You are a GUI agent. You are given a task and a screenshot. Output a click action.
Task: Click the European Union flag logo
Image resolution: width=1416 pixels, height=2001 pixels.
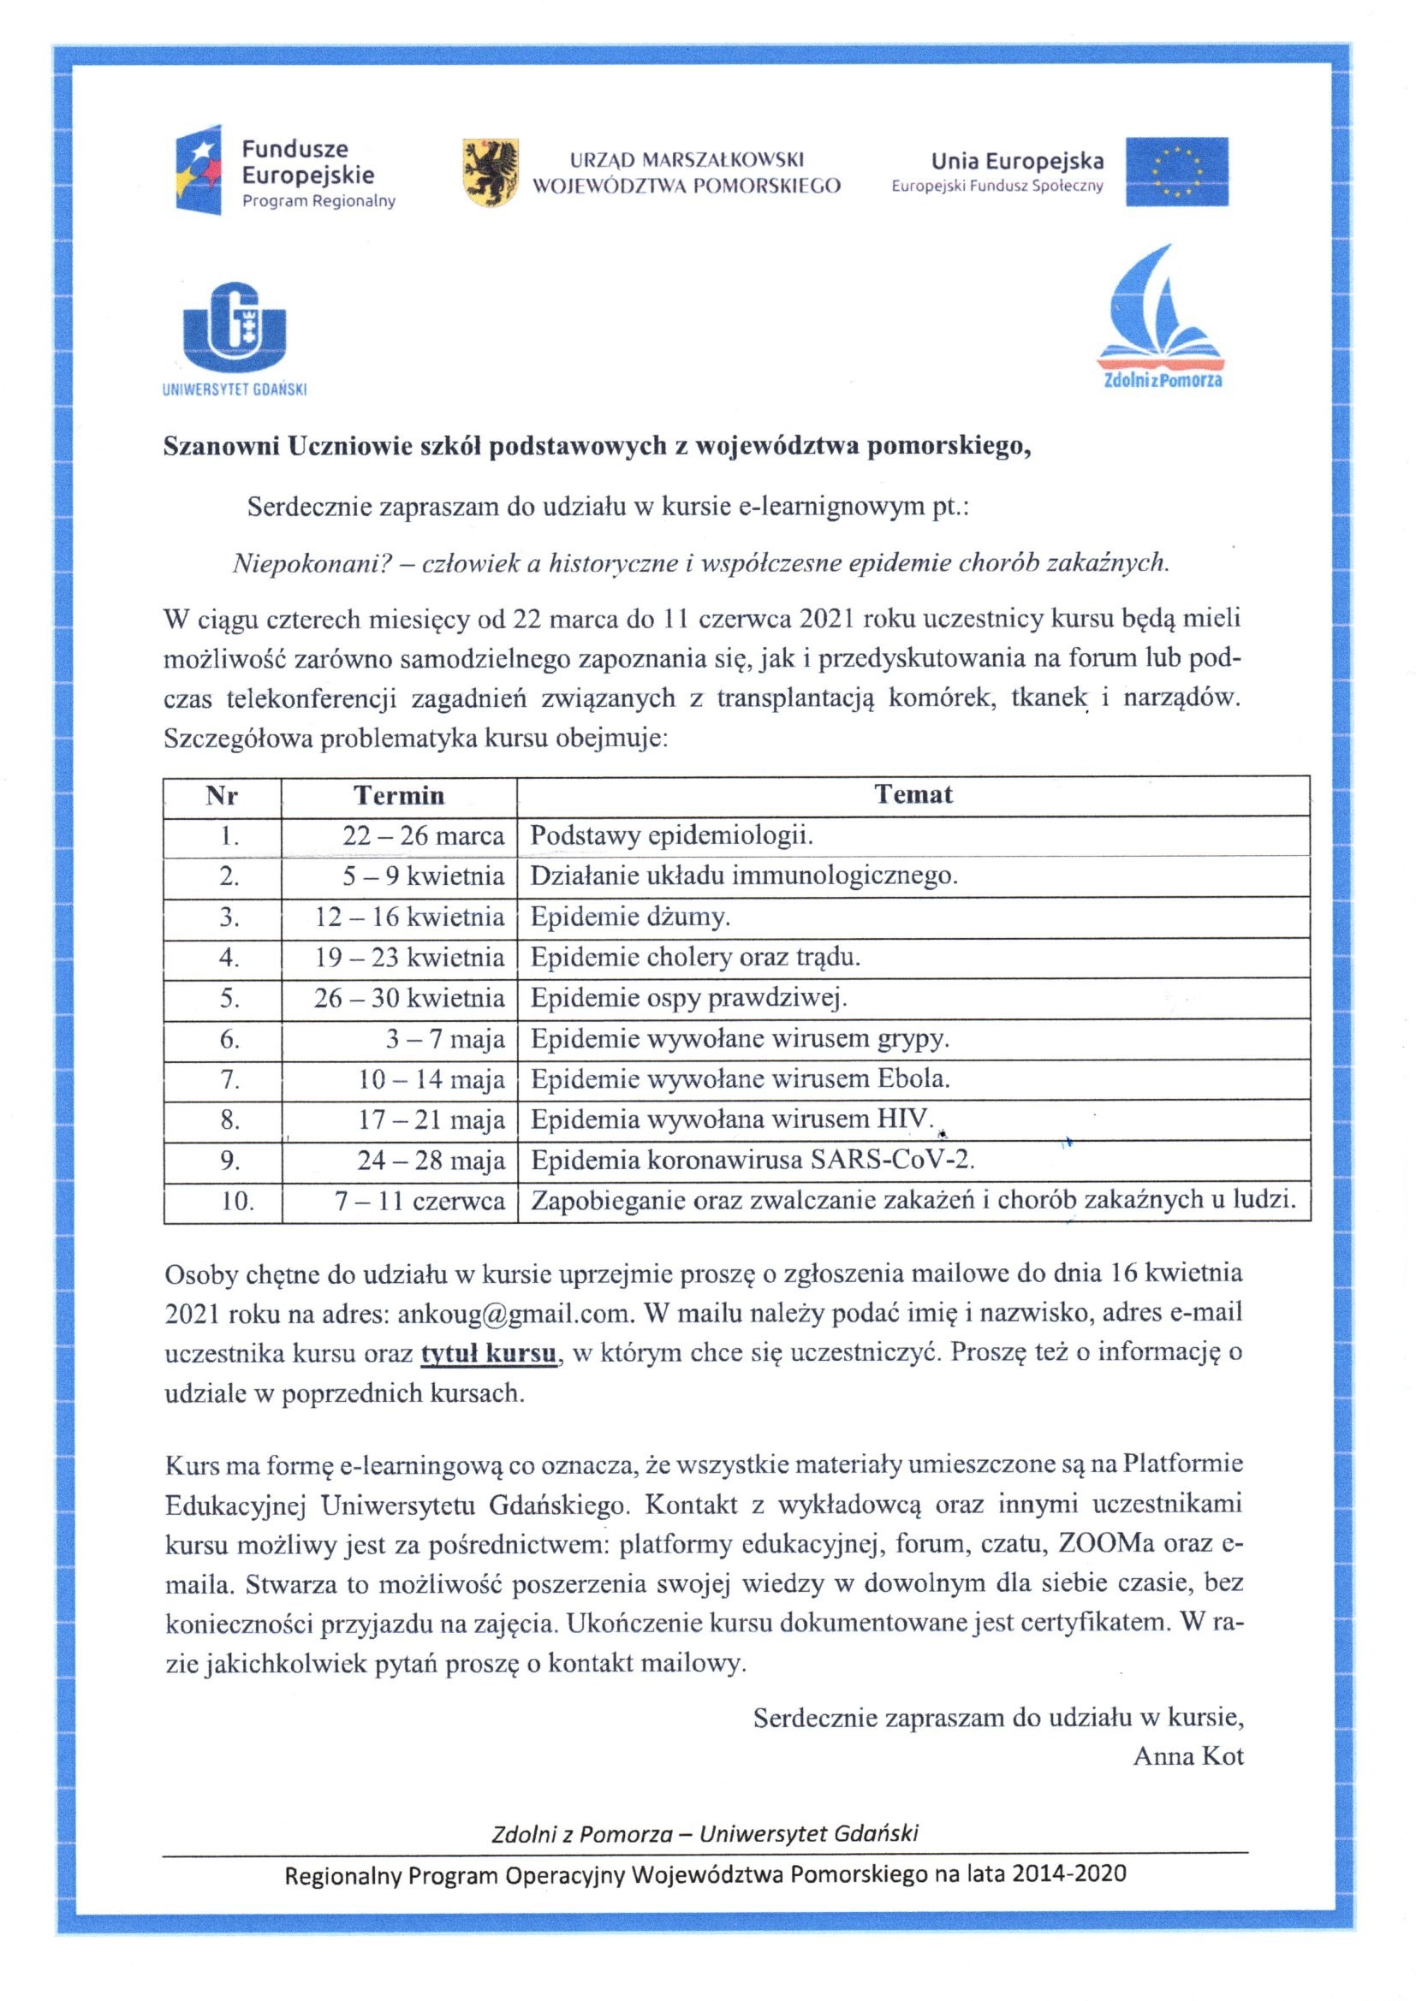click(1176, 172)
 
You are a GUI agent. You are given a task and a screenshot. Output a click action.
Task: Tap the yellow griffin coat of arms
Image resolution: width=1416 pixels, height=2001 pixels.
click(489, 172)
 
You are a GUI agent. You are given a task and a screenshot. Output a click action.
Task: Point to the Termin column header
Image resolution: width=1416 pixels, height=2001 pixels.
click(398, 795)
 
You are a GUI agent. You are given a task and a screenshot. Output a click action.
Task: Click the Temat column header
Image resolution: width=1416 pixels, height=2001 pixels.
click(913, 795)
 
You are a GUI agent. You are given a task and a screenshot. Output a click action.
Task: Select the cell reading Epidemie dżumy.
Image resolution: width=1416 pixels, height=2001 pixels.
click(629, 917)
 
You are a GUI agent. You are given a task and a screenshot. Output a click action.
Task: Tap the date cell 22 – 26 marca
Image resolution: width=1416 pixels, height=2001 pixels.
click(423, 836)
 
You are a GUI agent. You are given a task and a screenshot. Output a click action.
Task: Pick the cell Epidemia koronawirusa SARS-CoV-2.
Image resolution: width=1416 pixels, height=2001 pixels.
click(752, 1161)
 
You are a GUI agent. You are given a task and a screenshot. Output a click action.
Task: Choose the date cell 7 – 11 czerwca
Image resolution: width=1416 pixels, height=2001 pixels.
click(419, 1202)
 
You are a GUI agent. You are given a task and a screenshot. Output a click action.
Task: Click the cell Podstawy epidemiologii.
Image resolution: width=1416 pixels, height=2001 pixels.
click(671, 836)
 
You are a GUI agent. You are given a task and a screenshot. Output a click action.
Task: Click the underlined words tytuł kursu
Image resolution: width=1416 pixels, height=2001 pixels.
click(488, 1353)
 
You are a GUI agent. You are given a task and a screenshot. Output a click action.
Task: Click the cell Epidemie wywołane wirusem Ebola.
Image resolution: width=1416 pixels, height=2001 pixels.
click(740, 1080)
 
